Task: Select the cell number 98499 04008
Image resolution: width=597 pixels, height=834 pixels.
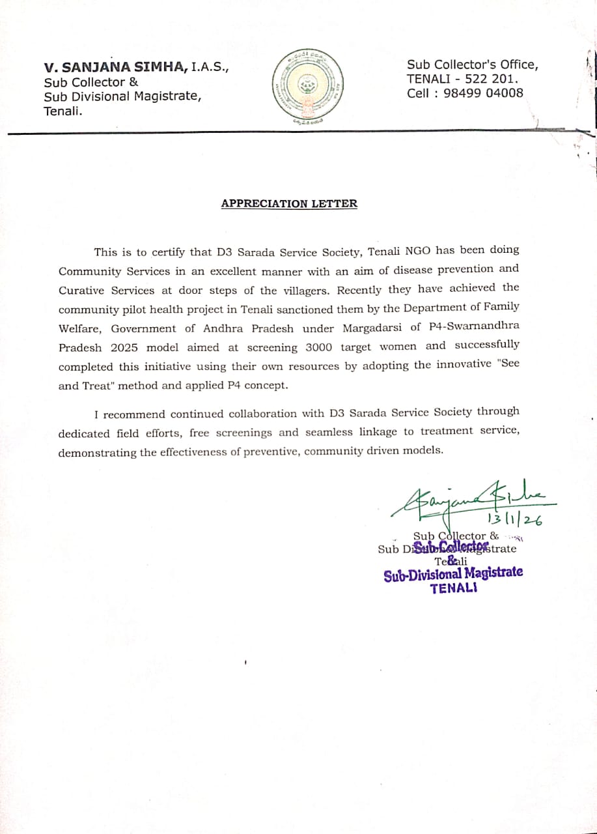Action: pyautogui.click(x=483, y=93)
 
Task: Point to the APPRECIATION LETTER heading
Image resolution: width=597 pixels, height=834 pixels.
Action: pyautogui.click(x=289, y=203)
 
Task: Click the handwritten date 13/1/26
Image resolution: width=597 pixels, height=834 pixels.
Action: pyautogui.click(x=514, y=519)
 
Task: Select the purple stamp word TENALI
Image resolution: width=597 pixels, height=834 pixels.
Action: pyautogui.click(x=453, y=587)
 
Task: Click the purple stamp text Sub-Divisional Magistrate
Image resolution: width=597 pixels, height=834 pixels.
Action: pyautogui.click(x=453, y=573)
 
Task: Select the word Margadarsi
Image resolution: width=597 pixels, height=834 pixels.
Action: pyautogui.click(x=370, y=328)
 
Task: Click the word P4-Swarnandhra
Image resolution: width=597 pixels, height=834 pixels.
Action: pyautogui.click(x=474, y=326)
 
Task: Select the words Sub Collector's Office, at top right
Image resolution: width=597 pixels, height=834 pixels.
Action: pyautogui.click(x=473, y=65)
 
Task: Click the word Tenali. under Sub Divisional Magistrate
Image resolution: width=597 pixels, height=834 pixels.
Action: pyautogui.click(x=64, y=111)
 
